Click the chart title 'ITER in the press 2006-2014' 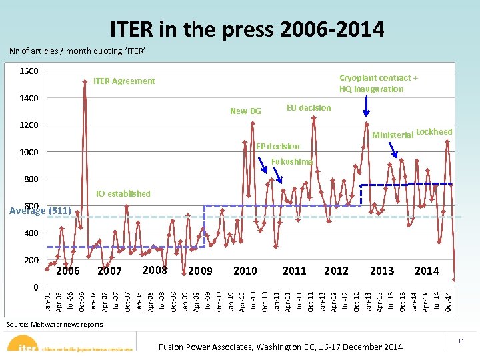tap(247, 29)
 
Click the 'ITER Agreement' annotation tap(124, 81)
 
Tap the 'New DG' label tap(245, 111)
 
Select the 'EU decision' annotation tap(309, 108)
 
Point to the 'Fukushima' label tap(293, 161)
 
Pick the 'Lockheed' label tap(434, 132)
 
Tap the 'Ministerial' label tap(393, 135)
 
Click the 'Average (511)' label tap(41, 211)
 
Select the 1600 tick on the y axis tap(29, 71)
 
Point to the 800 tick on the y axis tap(31, 179)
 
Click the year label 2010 tap(245, 271)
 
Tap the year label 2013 tap(382, 271)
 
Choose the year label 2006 tap(68, 271)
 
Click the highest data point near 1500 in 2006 tap(85, 82)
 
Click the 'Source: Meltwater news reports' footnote tap(55, 324)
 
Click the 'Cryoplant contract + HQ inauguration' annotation tap(378, 83)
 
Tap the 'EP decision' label tap(278, 146)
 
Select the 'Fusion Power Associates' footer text tap(280, 347)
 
